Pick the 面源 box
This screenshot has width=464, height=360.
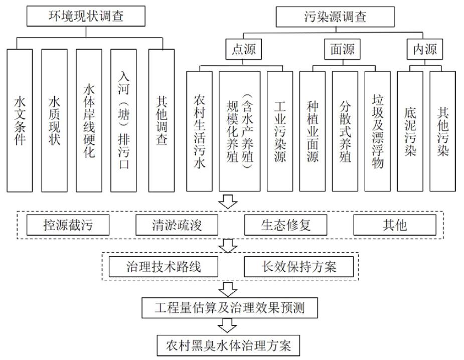tap(342, 49)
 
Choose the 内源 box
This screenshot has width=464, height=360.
tap(424, 49)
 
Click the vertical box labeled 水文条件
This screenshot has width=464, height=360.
tap(20, 120)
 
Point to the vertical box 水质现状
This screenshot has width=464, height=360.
tap(54, 120)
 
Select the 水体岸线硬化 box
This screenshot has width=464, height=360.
tap(89, 120)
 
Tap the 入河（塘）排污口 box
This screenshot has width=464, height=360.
tap(125, 120)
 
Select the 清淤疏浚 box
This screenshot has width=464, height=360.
tap(177, 225)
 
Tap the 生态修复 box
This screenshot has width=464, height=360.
tap(286, 225)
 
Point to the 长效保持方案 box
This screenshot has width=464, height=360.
tap(299, 266)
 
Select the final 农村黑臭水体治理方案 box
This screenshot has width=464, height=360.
tap(228, 345)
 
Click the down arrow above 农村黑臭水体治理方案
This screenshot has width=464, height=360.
tap(229, 326)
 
